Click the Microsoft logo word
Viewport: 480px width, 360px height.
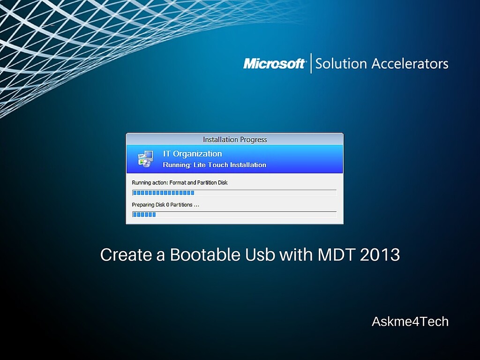click(x=274, y=63)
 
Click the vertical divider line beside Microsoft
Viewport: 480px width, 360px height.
click(x=311, y=63)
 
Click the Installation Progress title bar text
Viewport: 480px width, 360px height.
click(x=234, y=139)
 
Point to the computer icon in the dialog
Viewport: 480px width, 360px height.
click(x=145, y=159)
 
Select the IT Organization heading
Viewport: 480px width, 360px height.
click(x=192, y=154)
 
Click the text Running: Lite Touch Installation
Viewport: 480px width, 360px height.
click(x=214, y=165)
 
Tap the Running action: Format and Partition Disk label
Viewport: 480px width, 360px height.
click(x=180, y=182)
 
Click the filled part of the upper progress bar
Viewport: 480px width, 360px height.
click(x=163, y=193)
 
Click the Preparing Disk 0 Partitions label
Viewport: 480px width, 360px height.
click(x=165, y=205)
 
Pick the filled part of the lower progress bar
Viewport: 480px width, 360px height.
click(x=144, y=215)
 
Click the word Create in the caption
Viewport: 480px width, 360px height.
click(x=126, y=255)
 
